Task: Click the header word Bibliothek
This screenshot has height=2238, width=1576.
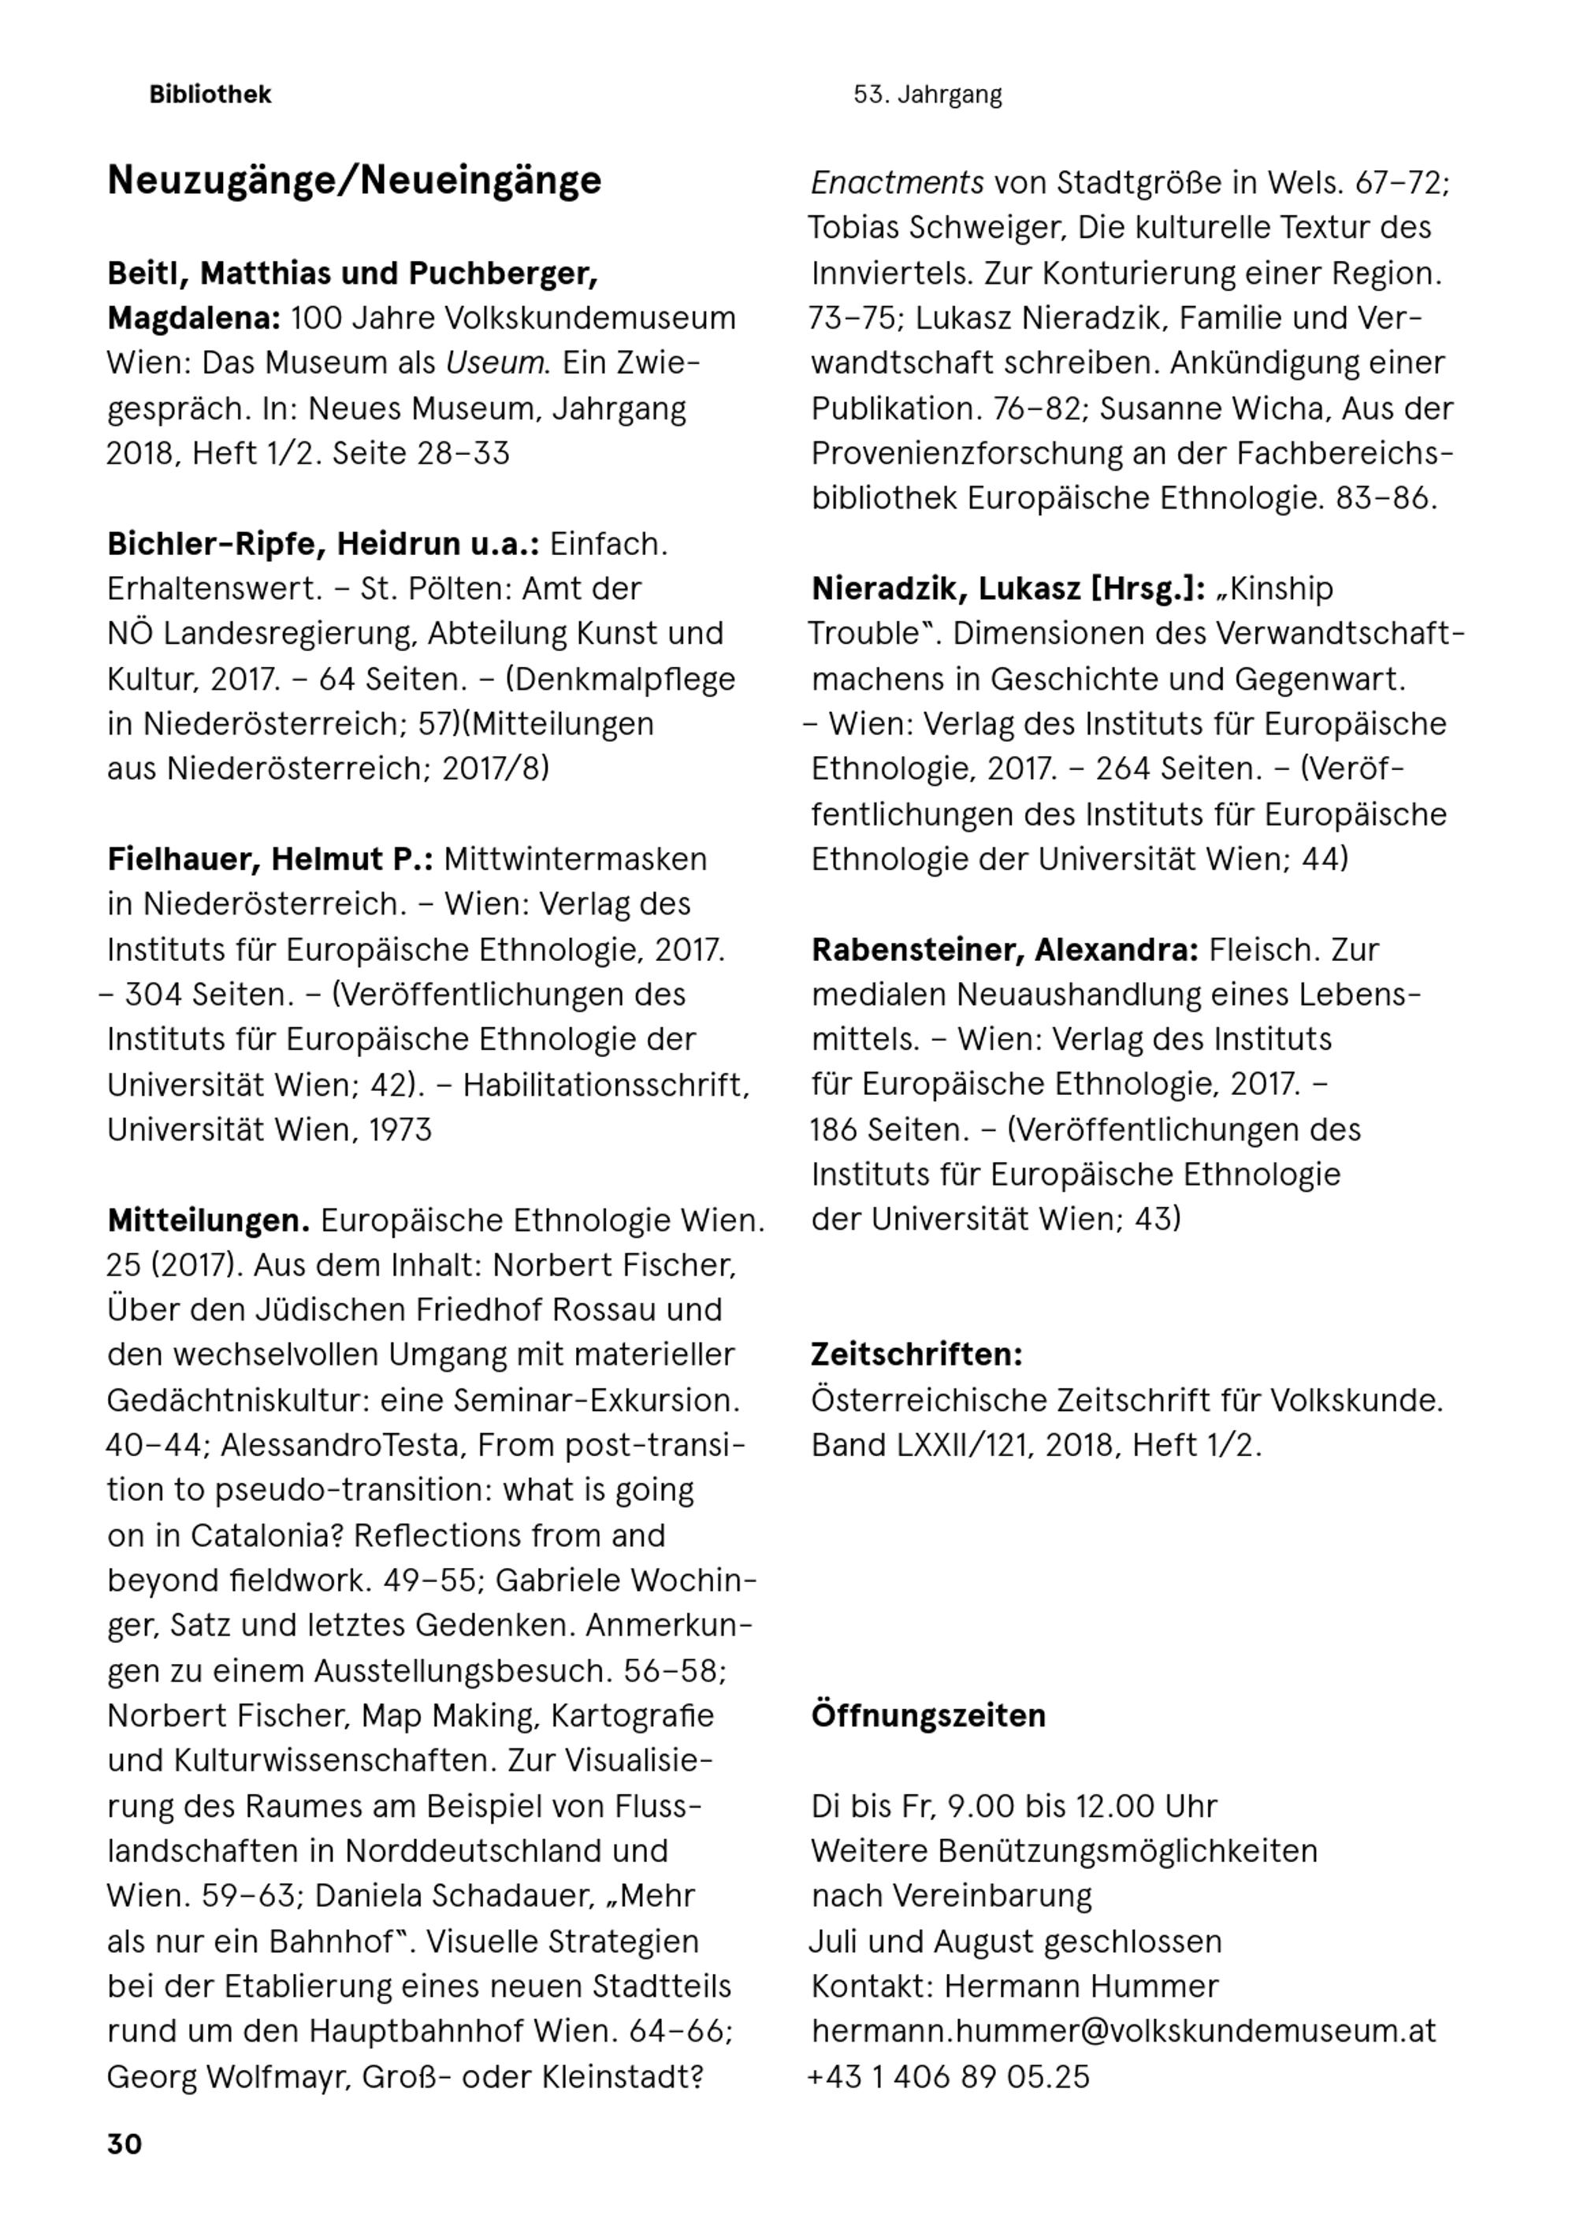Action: tap(210, 95)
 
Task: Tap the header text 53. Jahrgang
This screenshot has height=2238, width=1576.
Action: tap(927, 95)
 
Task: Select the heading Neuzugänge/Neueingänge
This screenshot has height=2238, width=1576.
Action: tap(354, 181)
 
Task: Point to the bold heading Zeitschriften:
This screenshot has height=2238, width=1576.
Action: tap(916, 1354)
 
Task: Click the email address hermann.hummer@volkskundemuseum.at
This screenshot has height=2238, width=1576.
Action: tap(1123, 2031)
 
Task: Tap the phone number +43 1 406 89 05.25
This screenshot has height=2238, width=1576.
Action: tap(948, 2076)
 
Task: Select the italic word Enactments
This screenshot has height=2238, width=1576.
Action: tap(897, 182)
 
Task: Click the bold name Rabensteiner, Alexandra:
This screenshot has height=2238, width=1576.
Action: tap(1004, 949)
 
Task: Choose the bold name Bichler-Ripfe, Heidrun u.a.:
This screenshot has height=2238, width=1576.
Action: tap(322, 544)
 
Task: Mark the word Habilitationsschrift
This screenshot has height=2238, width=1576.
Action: tap(605, 1085)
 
